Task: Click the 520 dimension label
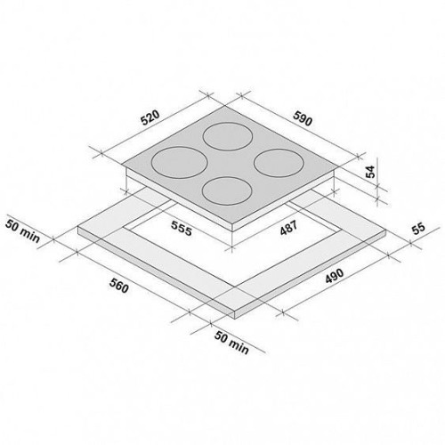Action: [150, 117]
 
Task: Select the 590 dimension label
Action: [303, 118]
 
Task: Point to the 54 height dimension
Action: [370, 172]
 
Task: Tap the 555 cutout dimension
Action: [182, 229]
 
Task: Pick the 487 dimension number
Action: [288, 228]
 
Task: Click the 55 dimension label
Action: [418, 229]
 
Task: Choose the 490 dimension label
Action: [335, 276]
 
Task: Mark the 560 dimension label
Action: [119, 286]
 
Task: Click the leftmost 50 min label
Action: [22, 231]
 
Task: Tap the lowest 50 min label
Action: [231, 343]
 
